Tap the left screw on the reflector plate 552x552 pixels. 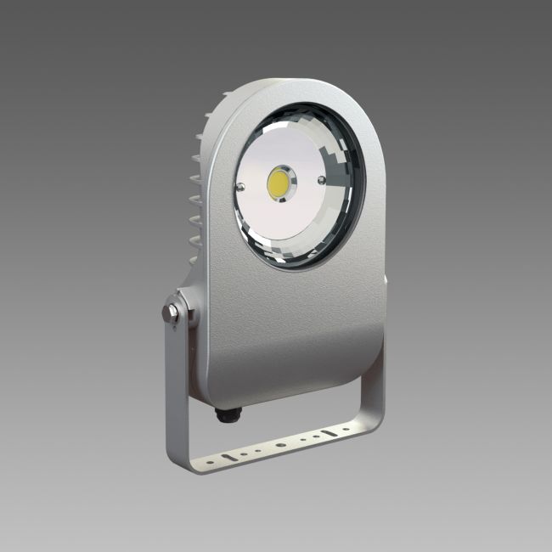coord(241,188)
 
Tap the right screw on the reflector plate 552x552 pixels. coord(321,179)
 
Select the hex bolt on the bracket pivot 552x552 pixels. coord(172,313)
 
